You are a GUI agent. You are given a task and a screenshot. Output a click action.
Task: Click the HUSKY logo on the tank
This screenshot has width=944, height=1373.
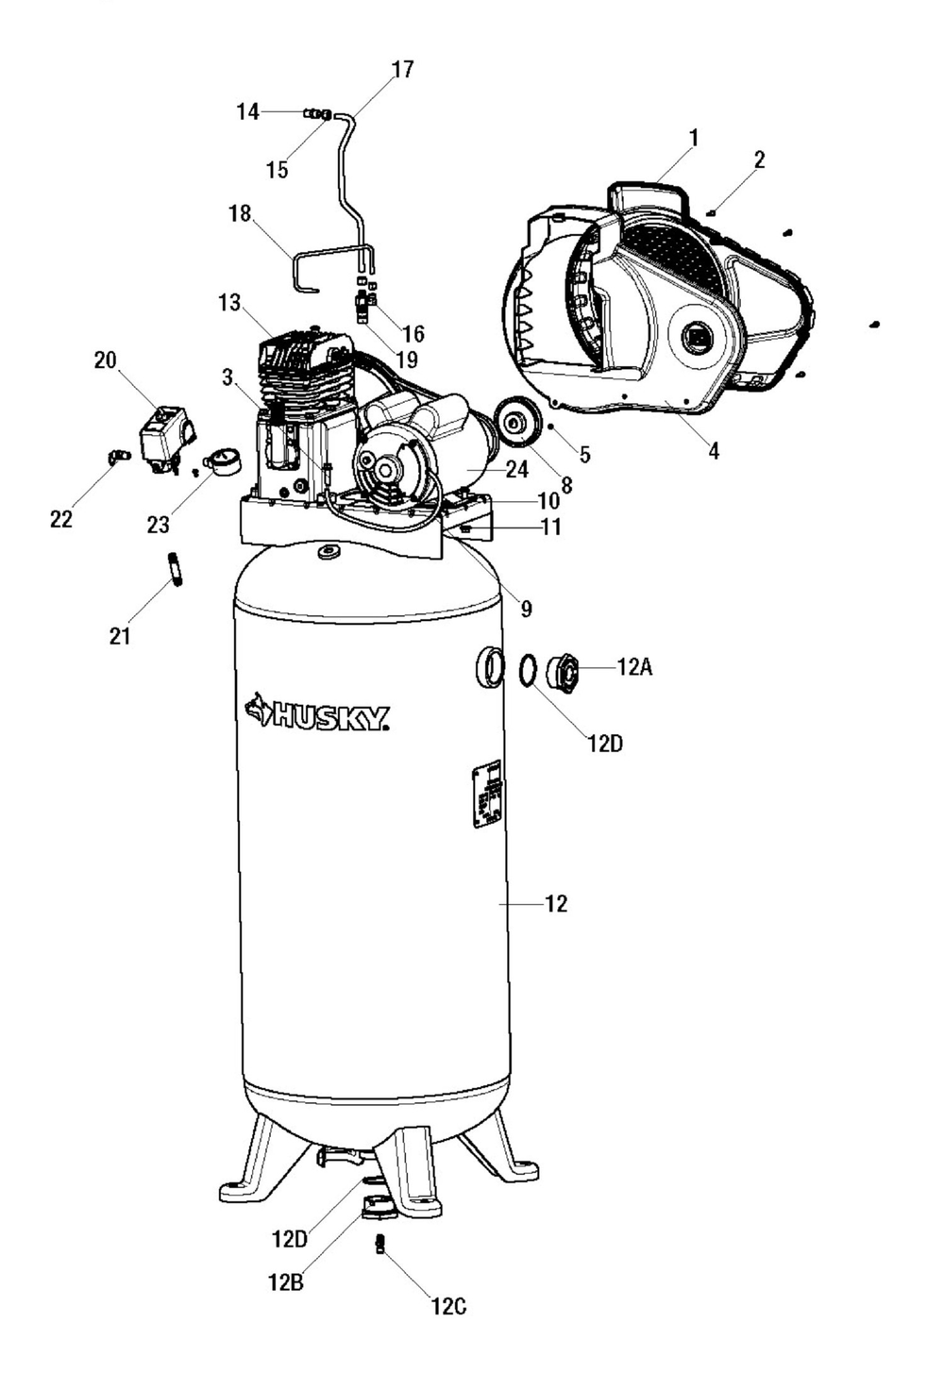(x=317, y=713)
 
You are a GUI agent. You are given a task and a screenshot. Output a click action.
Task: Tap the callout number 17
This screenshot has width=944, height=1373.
(x=402, y=70)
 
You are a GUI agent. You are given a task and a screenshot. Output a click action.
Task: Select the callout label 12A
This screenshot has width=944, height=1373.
(x=634, y=667)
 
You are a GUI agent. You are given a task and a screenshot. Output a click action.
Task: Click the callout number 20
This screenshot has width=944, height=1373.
(x=105, y=360)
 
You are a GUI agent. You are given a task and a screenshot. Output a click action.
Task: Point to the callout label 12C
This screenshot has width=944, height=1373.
(x=448, y=1307)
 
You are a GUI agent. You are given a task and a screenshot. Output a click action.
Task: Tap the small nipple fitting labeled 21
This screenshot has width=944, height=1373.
(x=176, y=569)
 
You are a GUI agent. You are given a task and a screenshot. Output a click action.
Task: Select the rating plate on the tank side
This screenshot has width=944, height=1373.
(x=487, y=795)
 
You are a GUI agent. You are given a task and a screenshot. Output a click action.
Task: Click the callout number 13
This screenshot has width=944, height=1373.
(x=229, y=304)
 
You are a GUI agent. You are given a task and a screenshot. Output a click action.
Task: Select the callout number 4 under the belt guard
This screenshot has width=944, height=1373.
(x=714, y=452)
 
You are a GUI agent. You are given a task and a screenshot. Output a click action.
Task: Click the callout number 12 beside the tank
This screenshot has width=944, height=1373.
(x=556, y=904)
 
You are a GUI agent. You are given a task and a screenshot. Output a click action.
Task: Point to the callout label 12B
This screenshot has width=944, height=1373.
(x=286, y=1282)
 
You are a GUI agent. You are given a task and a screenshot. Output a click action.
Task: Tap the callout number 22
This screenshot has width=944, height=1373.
(x=61, y=519)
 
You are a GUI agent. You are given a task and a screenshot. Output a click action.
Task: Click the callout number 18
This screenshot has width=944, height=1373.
(x=240, y=213)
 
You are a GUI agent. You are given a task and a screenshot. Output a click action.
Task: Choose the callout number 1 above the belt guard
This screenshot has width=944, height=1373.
(x=694, y=138)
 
